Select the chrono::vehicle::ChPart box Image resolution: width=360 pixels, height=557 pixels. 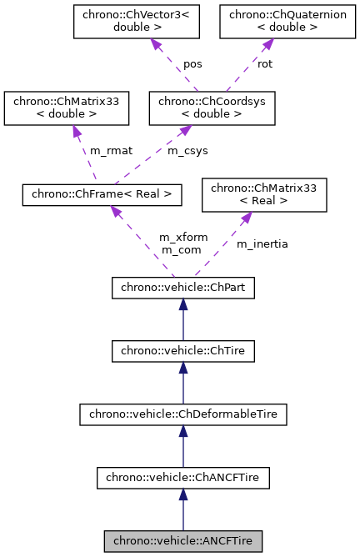click(183, 289)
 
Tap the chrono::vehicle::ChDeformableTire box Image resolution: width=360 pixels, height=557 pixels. click(183, 414)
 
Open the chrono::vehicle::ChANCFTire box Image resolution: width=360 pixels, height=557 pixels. click(183, 478)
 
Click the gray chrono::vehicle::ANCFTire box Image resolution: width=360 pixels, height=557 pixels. click(183, 541)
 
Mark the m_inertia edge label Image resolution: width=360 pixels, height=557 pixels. click(262, 243)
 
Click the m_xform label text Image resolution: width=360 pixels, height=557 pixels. click(181, 238)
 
